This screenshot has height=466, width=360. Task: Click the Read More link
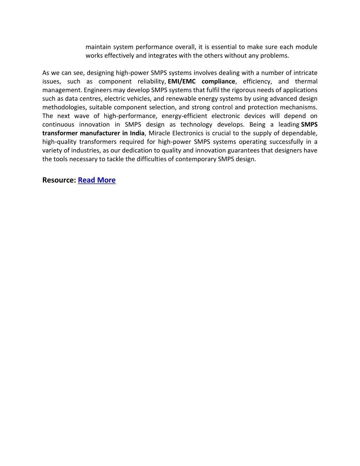coord(97,180)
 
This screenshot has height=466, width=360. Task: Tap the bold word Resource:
coord(59,180)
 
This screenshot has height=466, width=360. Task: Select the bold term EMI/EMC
coord(181,82)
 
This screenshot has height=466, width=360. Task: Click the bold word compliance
coord(218,82)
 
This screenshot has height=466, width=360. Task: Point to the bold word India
coord(137,133)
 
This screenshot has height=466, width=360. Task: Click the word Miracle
coord(159,133)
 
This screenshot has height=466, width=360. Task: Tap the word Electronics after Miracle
coord(188,133)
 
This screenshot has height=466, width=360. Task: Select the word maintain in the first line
coord(98,47)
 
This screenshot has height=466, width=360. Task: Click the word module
coord(306,47)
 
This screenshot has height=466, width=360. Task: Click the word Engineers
coord(98,90)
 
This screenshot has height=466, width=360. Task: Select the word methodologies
coord(64,108)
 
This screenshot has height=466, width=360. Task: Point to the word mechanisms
coord(298,108)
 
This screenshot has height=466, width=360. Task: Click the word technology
coord(196,125)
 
